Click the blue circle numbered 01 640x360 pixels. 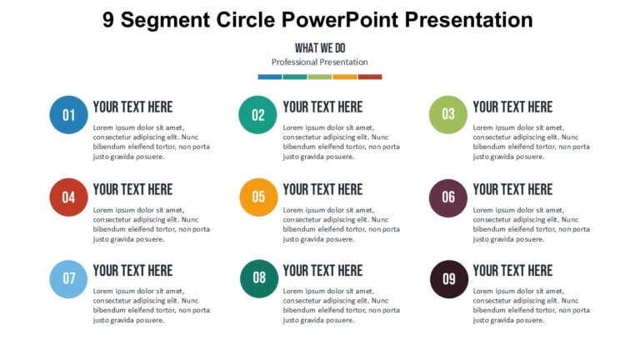pyautogui.click(x=69, y=115)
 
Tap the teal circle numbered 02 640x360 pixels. pyautogui.click(x=258, y=115)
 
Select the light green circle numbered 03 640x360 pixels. pyautogui.click(x=448, y=115)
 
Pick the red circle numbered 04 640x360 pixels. pyautogui.click(x=69, y=197)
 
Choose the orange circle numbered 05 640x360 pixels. pyautogui.click(x=258, y=197)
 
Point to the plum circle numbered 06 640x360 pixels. pyautogui.click(x=448, y=197)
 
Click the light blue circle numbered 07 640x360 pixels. pyautogui.click(x=69, y=278)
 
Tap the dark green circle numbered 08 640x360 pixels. pyautogui.click(x=258, y=278)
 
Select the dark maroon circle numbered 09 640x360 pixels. pyautogui.click(x=448, y=278)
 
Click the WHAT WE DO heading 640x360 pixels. pyautogui.click(x=320, y=48)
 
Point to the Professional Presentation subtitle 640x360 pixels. pyautogui.click(x=320, y=62)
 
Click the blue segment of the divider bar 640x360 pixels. pyautogui.click(x=270, y=77)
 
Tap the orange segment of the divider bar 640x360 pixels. pyautogui.click(x=345, y=77)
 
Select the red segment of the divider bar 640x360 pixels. pyautogui.click(x=370, y=77)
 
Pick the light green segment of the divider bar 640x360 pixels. pyautogui.click(x=320, y=77)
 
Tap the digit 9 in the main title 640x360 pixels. pyautogui.click(x=109, y=20)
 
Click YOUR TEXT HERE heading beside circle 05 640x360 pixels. pyautogui.click(x=322, y=189)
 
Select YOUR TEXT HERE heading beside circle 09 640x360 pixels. pyautogui.click(x=512, y=270)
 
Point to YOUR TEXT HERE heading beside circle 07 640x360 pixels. pyautogui.click(x=132, y=270)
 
